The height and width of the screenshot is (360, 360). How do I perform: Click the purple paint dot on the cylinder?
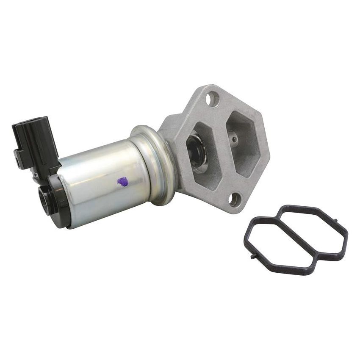(x=122, y=182)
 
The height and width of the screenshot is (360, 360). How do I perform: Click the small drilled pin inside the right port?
(x=233, y=138)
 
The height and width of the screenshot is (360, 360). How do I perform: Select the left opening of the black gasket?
(x=277, y=241)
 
